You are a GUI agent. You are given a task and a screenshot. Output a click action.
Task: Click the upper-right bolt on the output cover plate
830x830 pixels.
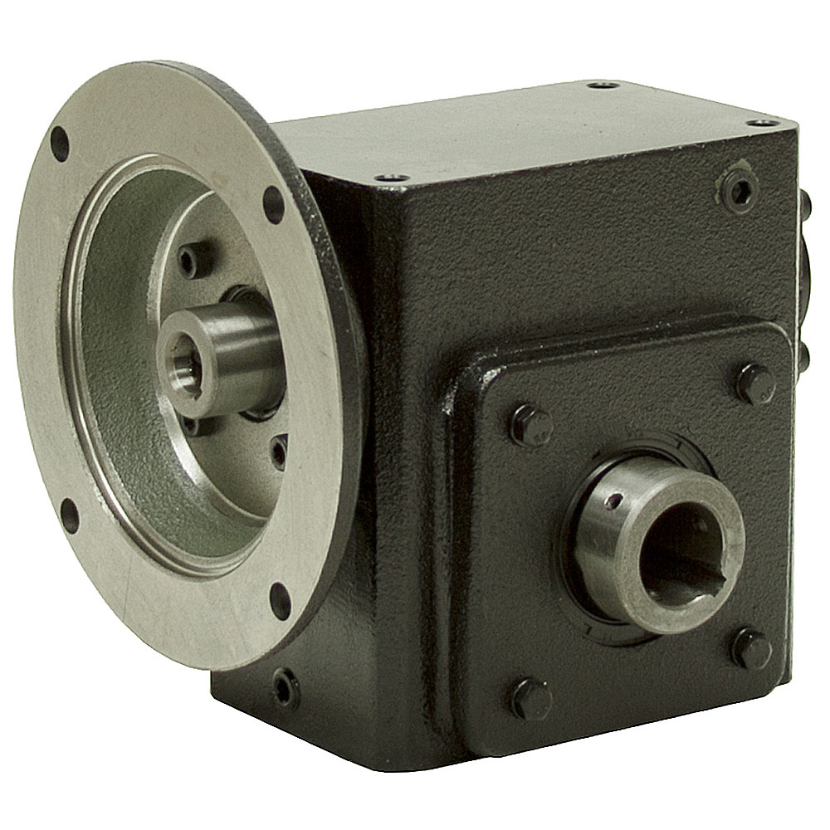coord(755,383)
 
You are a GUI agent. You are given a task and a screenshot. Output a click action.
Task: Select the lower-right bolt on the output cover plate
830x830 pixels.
coord(751,647)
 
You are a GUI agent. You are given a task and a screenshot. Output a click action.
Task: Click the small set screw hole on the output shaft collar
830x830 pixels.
coord(612,501)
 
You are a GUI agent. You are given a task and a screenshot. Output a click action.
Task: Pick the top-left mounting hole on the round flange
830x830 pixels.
coord(60,144)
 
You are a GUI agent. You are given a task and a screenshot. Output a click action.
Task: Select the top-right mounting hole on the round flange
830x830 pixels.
coord(273,203)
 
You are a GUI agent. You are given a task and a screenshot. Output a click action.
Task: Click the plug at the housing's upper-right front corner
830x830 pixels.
coord(738,191)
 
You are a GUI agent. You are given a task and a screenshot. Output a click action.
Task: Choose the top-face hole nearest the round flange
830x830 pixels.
coord(391,178)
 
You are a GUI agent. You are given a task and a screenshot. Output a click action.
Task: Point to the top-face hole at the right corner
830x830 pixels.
coord(762,123)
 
